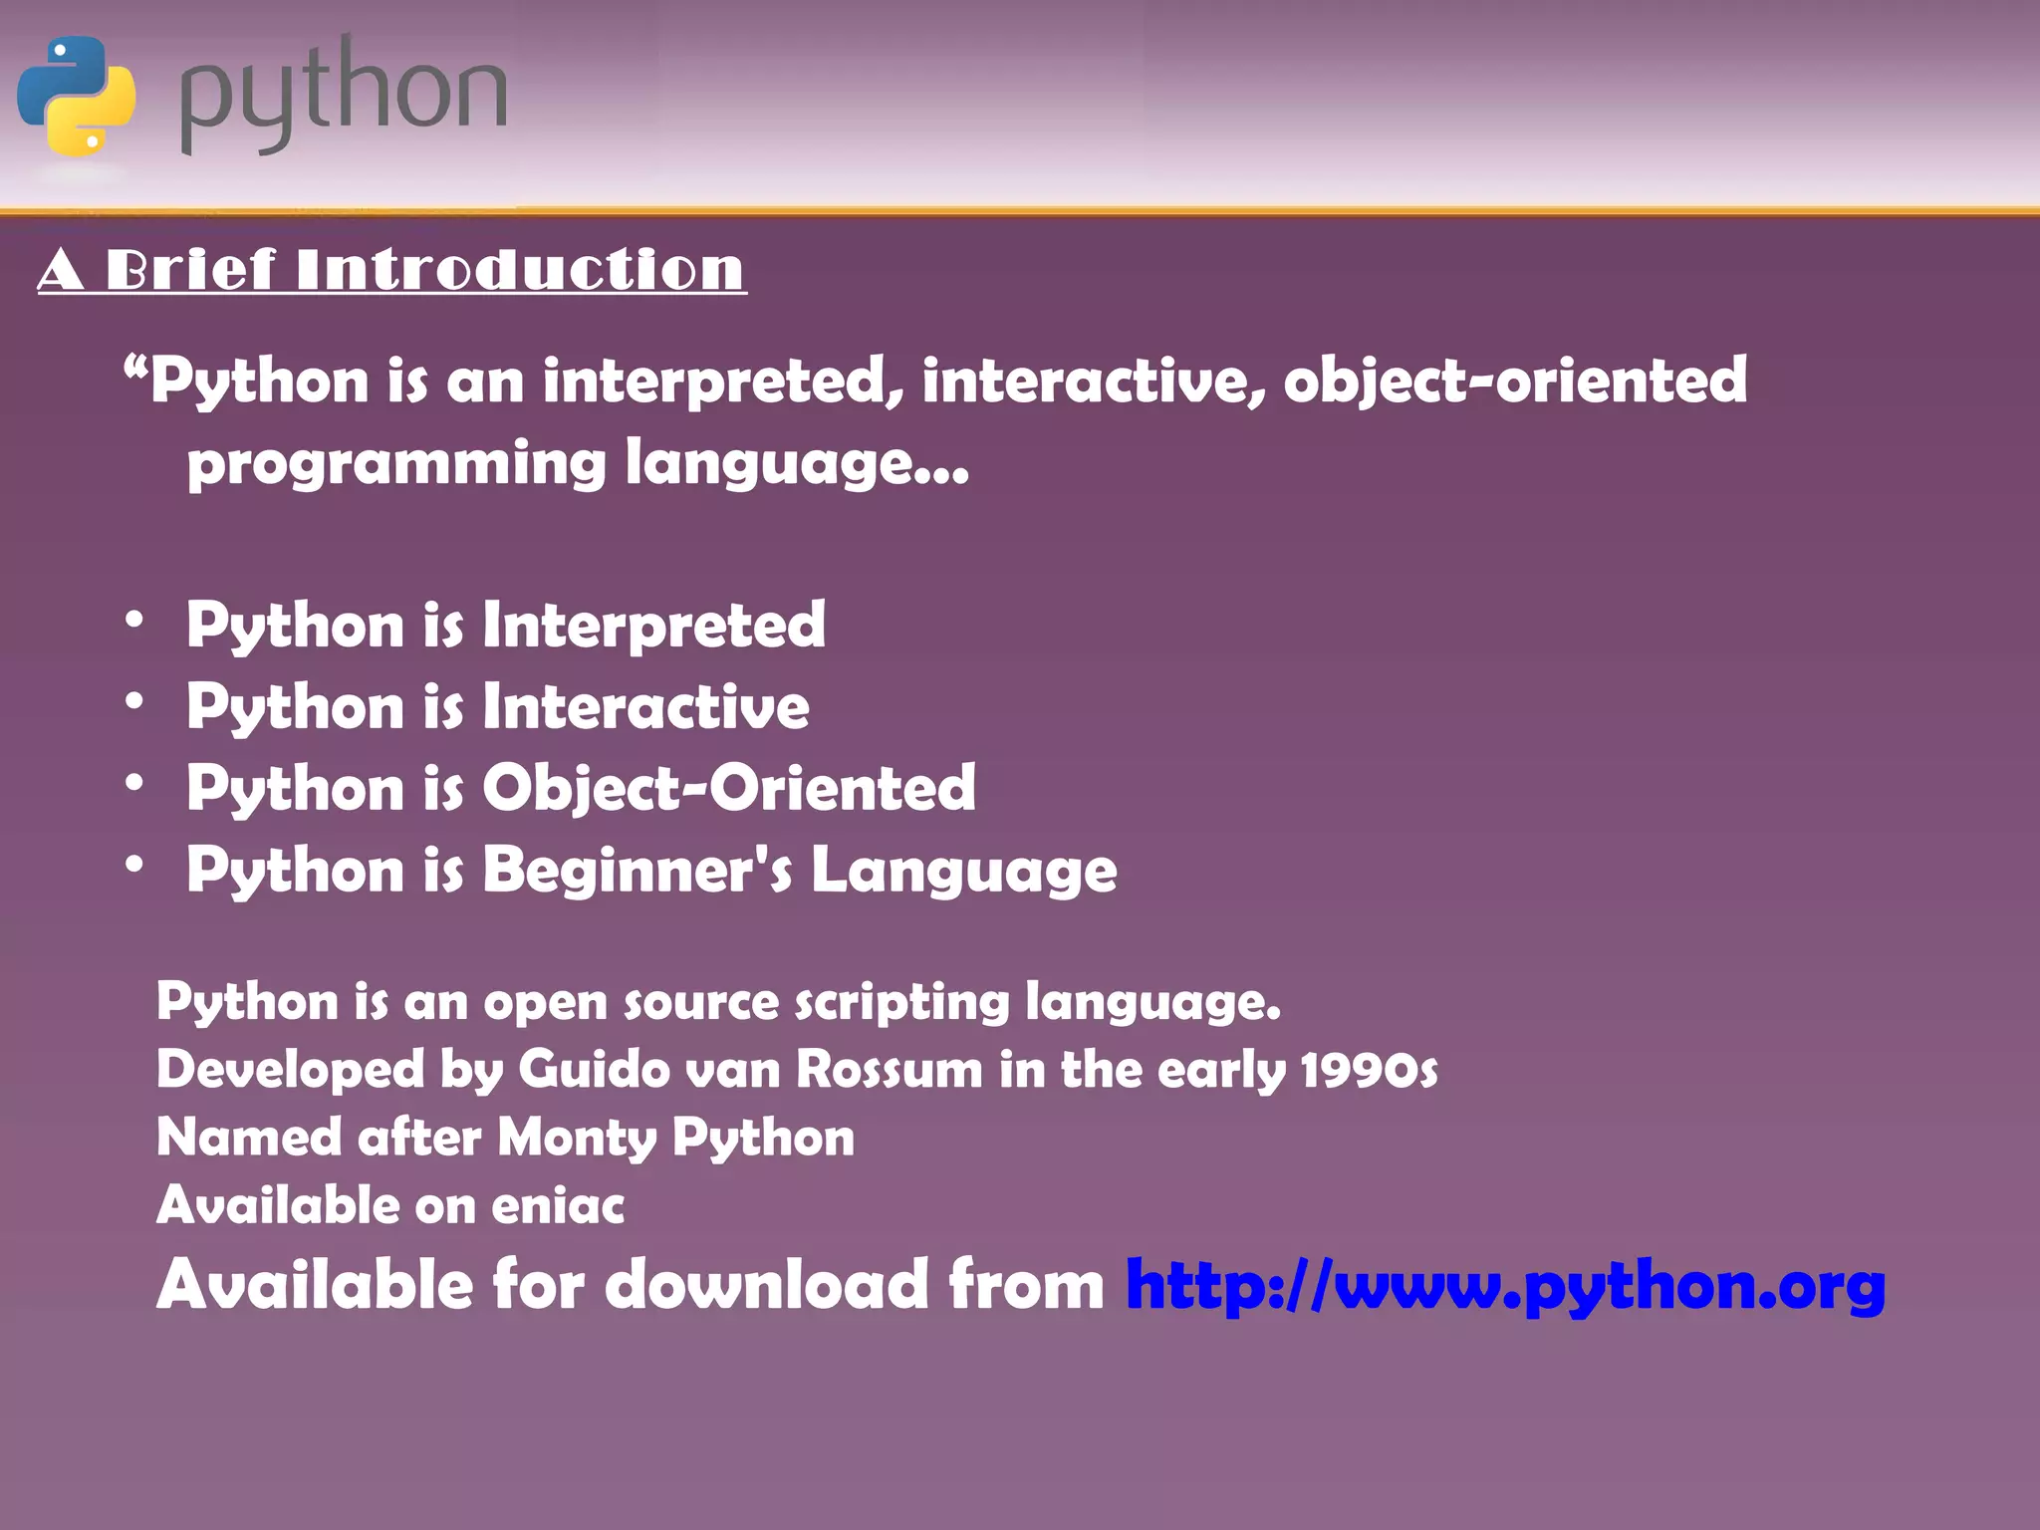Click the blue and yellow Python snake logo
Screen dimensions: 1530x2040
(77, 96)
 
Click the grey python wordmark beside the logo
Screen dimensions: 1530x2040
(343, 96)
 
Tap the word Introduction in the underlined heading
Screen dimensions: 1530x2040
(520, 270)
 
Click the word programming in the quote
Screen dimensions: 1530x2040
(395, 464)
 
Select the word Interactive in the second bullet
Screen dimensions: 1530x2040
(645, 707)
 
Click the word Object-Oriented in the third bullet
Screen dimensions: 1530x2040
(728, 789)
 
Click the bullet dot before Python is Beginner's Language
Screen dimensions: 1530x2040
(134, 865)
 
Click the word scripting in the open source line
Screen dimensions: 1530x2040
(901, 1002)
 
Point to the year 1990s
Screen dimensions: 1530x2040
(1369, 1070)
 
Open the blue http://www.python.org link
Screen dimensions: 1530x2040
(1504, 1285)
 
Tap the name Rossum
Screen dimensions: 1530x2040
(890, 1070)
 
